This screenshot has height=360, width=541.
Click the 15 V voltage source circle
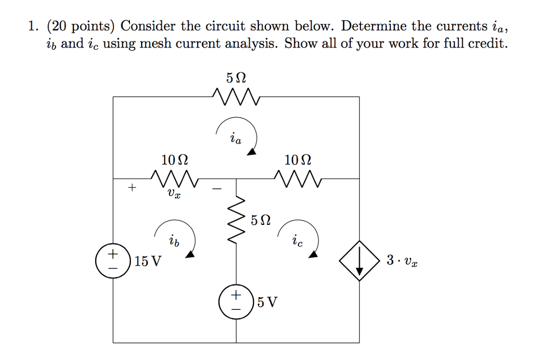point(113,261)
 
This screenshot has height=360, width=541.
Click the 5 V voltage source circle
point(236,302)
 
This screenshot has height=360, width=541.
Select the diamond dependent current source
point(359,261)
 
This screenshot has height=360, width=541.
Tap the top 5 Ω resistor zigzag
point(236,97)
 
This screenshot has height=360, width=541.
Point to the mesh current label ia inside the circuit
point(236,139)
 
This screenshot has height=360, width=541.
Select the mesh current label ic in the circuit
point(297,242)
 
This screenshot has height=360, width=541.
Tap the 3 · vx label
point(403,261)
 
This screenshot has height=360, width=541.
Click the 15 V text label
point(148,261)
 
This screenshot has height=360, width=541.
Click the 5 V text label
point(267,303)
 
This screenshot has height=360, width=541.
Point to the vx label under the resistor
point(174,195)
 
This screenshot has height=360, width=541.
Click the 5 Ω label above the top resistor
point(236,78)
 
